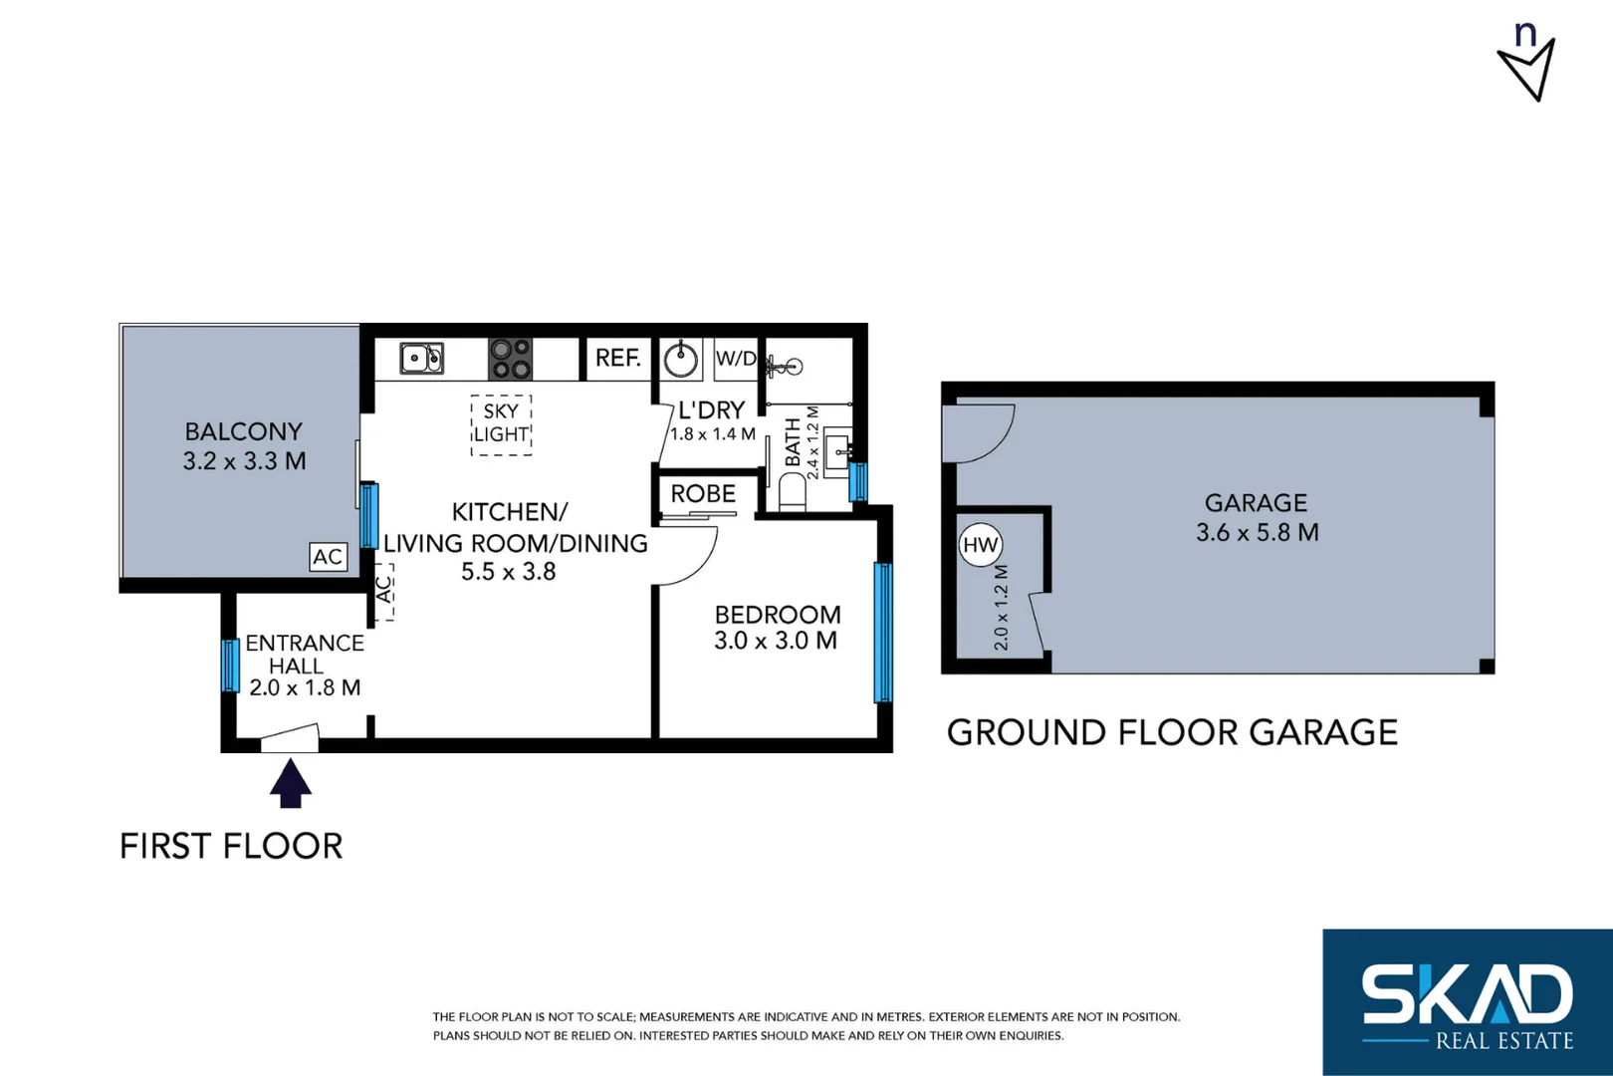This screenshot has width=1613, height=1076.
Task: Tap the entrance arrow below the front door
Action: (x=291, y=783)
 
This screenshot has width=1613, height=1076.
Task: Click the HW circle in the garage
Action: (x=981, y=545)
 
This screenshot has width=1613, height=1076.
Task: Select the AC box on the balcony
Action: (x=328, y=557)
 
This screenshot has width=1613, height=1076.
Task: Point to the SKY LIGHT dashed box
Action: (x=501, y=424)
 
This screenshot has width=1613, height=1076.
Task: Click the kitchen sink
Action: (x=422, y=358)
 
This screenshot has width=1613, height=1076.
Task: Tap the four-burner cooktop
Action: (x=510, y=359)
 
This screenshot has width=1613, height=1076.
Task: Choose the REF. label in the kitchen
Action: (x=617, y=358)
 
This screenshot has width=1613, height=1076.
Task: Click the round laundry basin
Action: (x=681, y=359)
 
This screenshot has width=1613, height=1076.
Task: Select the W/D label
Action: (x=736, y=359)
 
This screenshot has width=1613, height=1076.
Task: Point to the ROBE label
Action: (x=703, y=494)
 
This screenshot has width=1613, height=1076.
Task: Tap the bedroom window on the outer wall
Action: (x=882, y=633)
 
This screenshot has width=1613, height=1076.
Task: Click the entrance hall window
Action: (x=230, y=666)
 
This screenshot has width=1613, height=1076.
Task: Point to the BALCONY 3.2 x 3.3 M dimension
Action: (x=244, y=461)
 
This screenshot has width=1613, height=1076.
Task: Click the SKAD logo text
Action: (x=1467, y=993)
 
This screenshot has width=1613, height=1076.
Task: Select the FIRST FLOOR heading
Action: (x=231, y=846)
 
